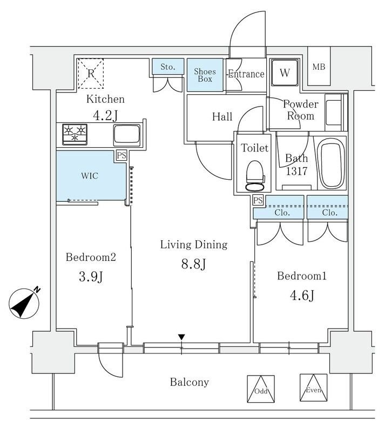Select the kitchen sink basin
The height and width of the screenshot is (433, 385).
(x=127, y=134)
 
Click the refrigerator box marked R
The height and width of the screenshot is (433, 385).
(x=91, y=73)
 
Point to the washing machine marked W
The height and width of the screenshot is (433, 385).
(x=284, y=73)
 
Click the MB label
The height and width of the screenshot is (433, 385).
(x=319, y=67)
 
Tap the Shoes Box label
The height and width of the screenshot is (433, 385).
(x=205, y=75)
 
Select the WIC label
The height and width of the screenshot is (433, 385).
(x=89, y=176)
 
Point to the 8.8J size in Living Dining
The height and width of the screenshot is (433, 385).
(x=193, y=264)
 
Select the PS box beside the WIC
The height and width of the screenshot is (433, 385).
(x=122, y=156)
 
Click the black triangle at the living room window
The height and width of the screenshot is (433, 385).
(x=182, y=337)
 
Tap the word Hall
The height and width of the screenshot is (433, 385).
(x=222, y=117)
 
